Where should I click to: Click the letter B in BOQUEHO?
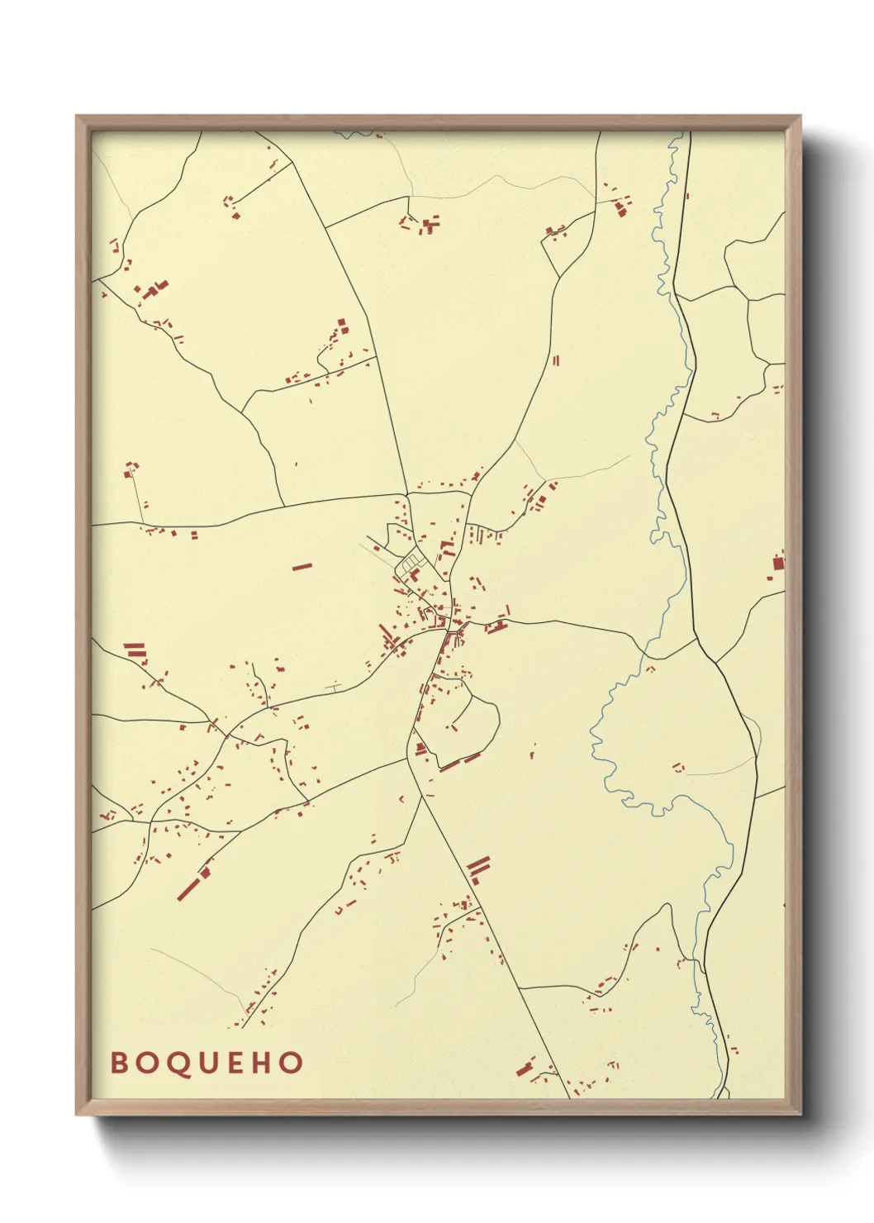pyautogui.click(x=119, y=1063)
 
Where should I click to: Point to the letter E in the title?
pyautogui.click(x=235, y=1063)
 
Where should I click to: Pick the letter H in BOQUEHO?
pyautogui.click(x=262, y=1063)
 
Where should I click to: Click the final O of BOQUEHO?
pyautogui.click(x=292, y=1063)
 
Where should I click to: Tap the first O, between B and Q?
pyautogui.click(x=148, y=1063)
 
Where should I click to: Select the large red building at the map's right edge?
pyautogui.click(x=777, y=563)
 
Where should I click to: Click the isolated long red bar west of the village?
pyautogui.click(x=302, y=567)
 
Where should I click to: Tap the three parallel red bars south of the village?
pyautogui.click(x=478, y=867)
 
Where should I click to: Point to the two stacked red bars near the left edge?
pyautogui.click(x=135, y=650)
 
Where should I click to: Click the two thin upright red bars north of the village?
pyautogui.click(x=556, y=360)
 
